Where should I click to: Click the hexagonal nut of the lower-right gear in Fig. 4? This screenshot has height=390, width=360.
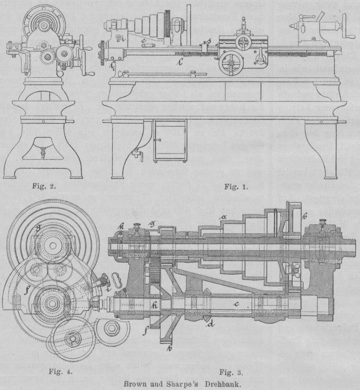(111, 327)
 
